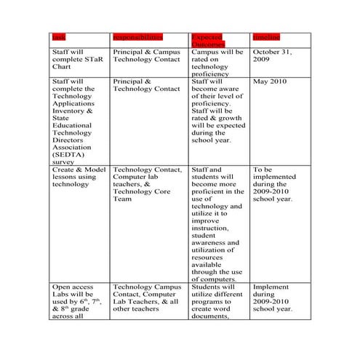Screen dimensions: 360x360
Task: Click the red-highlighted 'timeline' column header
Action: pos(265,36)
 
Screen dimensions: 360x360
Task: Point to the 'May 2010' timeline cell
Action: pos(269,81)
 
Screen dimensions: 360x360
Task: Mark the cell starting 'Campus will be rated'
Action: pos(216,63)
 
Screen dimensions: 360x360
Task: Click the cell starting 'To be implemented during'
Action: pos(272,184)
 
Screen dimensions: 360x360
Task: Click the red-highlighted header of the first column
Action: pos(57,36)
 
